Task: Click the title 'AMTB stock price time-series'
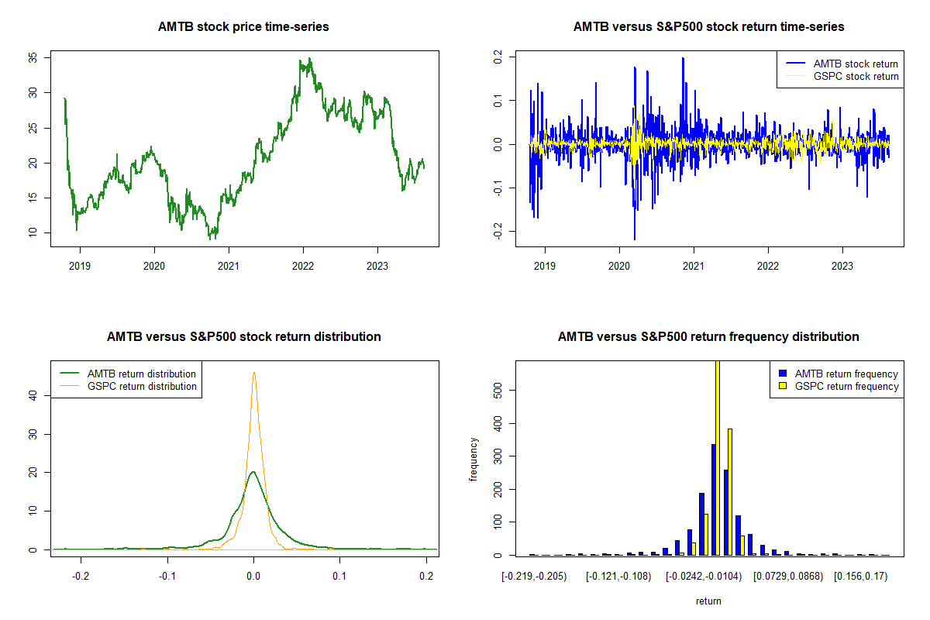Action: click(243, 27)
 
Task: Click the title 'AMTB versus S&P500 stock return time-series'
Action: click(708, 27)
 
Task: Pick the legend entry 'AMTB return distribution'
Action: click(141, 374)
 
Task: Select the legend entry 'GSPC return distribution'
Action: click(141, 386)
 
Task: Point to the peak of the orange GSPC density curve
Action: click(253, 373)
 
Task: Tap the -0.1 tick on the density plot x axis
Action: click(167, 577)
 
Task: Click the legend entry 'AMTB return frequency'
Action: click(846, 374)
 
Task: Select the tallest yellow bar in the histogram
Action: click(718, 457)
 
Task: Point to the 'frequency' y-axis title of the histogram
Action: click(474, 460)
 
